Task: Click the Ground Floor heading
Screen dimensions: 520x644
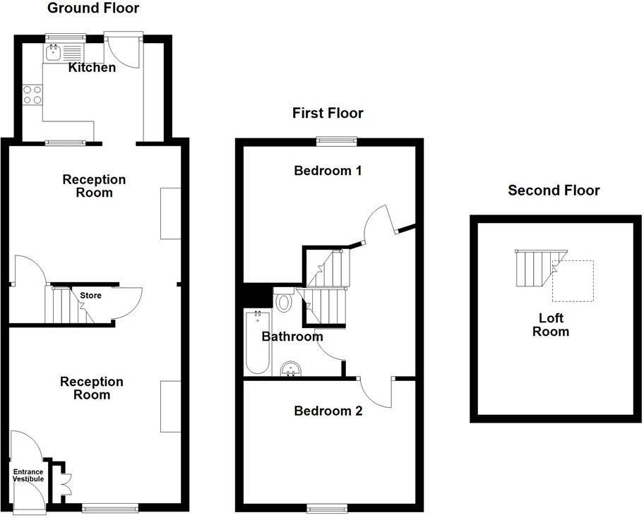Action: point(93,8)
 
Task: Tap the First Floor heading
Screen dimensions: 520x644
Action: point(328,113)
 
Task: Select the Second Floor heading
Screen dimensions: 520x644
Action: point(554,190)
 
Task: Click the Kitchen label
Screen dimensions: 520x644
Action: point(92,68)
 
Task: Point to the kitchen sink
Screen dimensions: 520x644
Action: point(54,52)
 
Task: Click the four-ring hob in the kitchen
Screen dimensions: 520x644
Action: point(32,95)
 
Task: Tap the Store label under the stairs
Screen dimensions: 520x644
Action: point(90,295)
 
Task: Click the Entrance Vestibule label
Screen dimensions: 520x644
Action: point(28,476)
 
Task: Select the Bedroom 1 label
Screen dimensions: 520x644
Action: point(328,170)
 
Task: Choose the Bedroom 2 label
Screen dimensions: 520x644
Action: point(328,411)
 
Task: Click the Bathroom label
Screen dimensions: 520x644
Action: point(292,337)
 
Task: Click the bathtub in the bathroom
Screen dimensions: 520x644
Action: point(256,342)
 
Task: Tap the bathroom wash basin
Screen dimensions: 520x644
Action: point(291,368)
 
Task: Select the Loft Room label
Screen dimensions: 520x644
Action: point(550,325)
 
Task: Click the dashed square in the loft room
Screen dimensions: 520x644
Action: point(572,281)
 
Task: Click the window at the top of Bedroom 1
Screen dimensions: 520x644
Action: point(336,141)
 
